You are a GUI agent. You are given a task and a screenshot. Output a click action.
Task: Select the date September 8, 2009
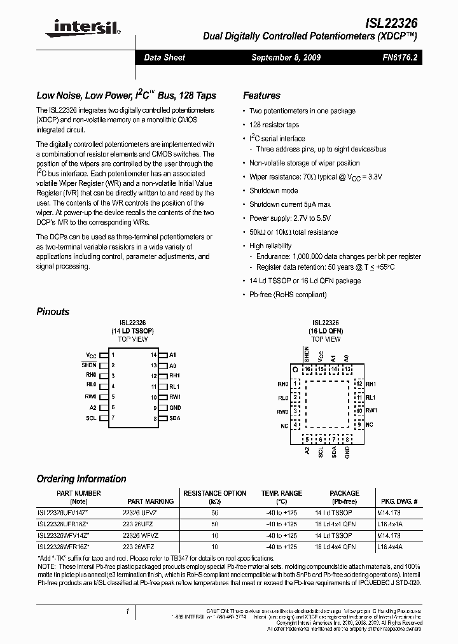click(x=286, y=57)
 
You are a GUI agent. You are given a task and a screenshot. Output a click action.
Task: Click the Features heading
click(x=261, y=95)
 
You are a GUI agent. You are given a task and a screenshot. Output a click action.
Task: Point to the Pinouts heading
click(x=53, y=312)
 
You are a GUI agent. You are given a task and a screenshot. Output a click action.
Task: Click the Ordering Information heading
click(x=81, y=479)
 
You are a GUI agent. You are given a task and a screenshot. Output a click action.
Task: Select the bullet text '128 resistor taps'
click(x=274, y=125)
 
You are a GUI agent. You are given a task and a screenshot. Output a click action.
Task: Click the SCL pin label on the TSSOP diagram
click(x=91, y=418)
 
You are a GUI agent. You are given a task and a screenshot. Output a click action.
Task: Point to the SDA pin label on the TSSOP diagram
click(x=174, y=418)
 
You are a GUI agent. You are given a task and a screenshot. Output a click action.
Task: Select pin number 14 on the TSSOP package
click(x=153, y=354)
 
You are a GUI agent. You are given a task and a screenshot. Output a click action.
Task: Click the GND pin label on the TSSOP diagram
click(x=175, y=407)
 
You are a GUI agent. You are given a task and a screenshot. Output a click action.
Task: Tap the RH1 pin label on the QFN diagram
click(x=371, y=384)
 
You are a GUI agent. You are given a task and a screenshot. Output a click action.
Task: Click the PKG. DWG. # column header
click(x=399, y=501)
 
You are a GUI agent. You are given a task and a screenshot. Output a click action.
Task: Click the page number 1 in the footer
click(x=127, y=612)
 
